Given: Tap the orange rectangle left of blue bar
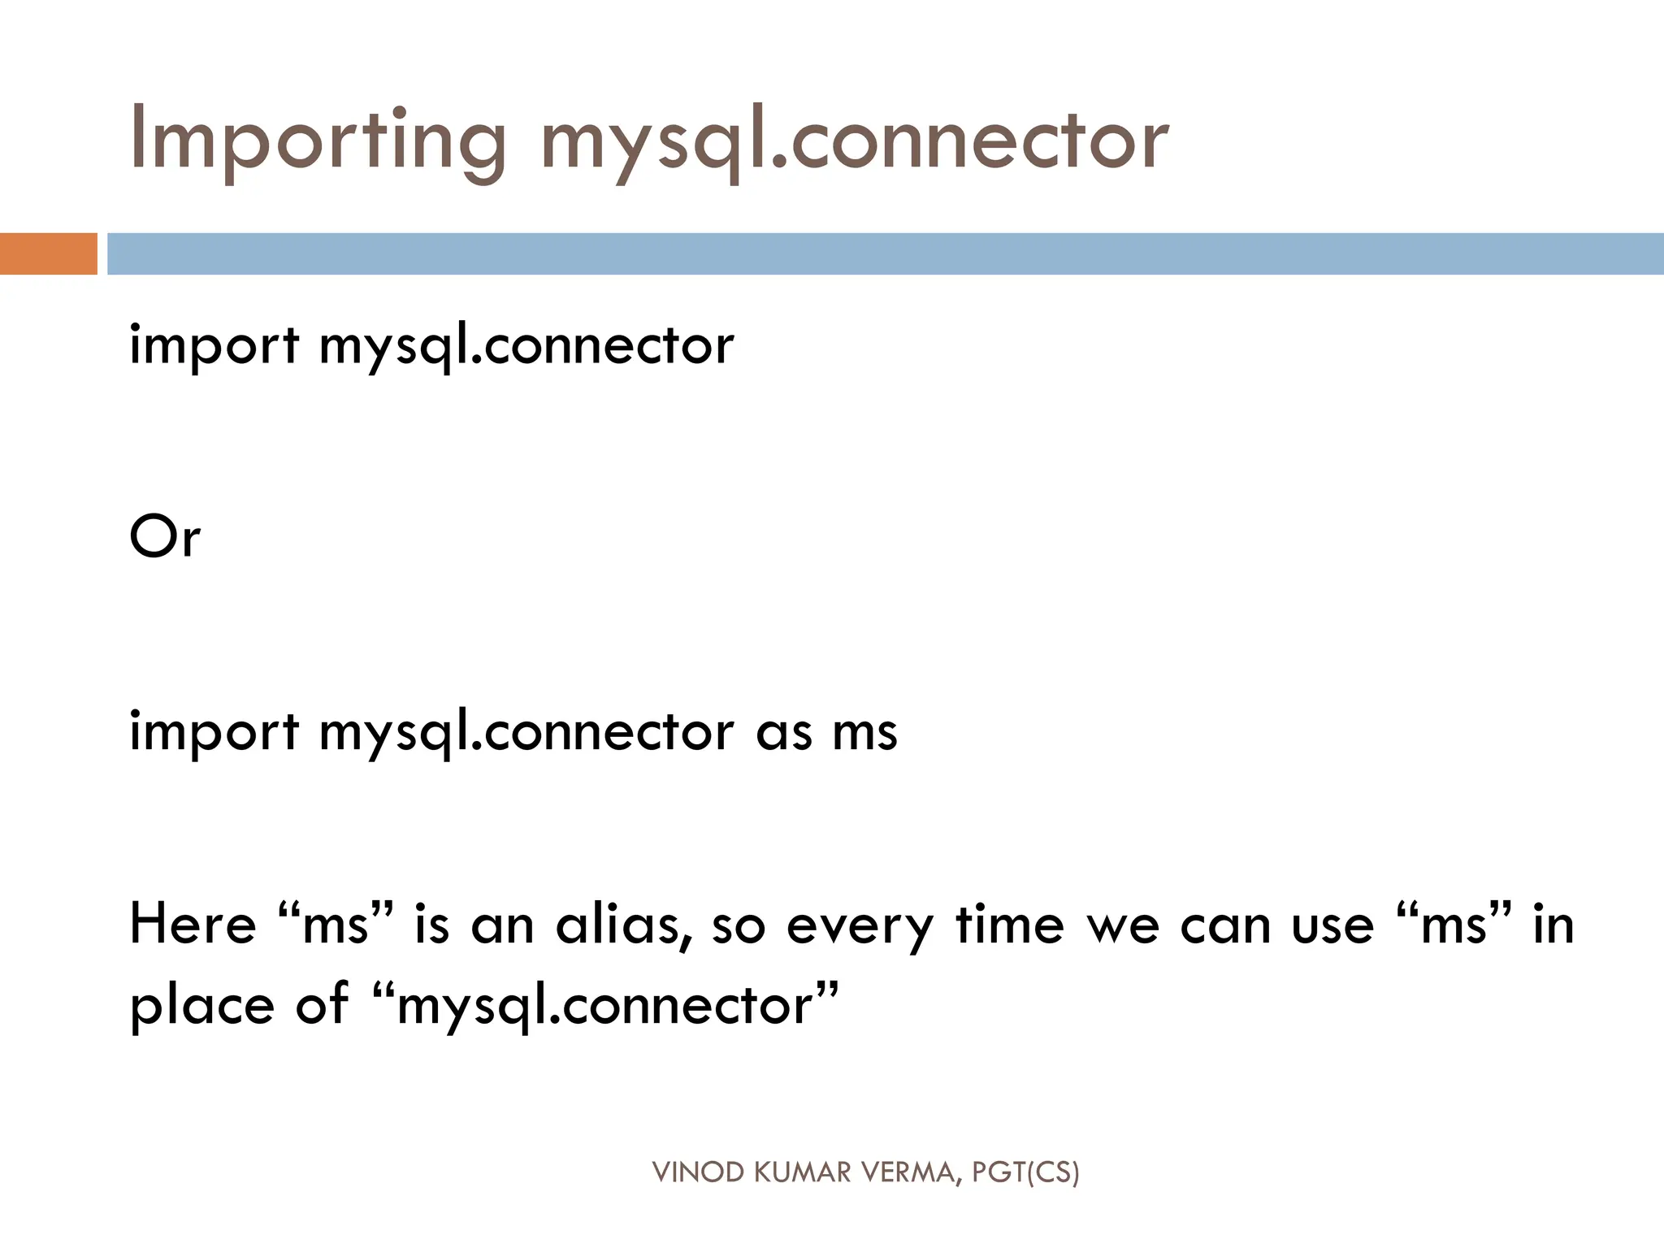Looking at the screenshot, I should point(48,253).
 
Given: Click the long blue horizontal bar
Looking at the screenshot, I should point(886,253).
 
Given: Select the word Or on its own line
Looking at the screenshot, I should point(165,538).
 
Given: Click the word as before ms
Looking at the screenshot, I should point(784,732).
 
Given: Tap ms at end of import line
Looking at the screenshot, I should point(865,732).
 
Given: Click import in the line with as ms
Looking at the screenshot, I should point(214,732).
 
